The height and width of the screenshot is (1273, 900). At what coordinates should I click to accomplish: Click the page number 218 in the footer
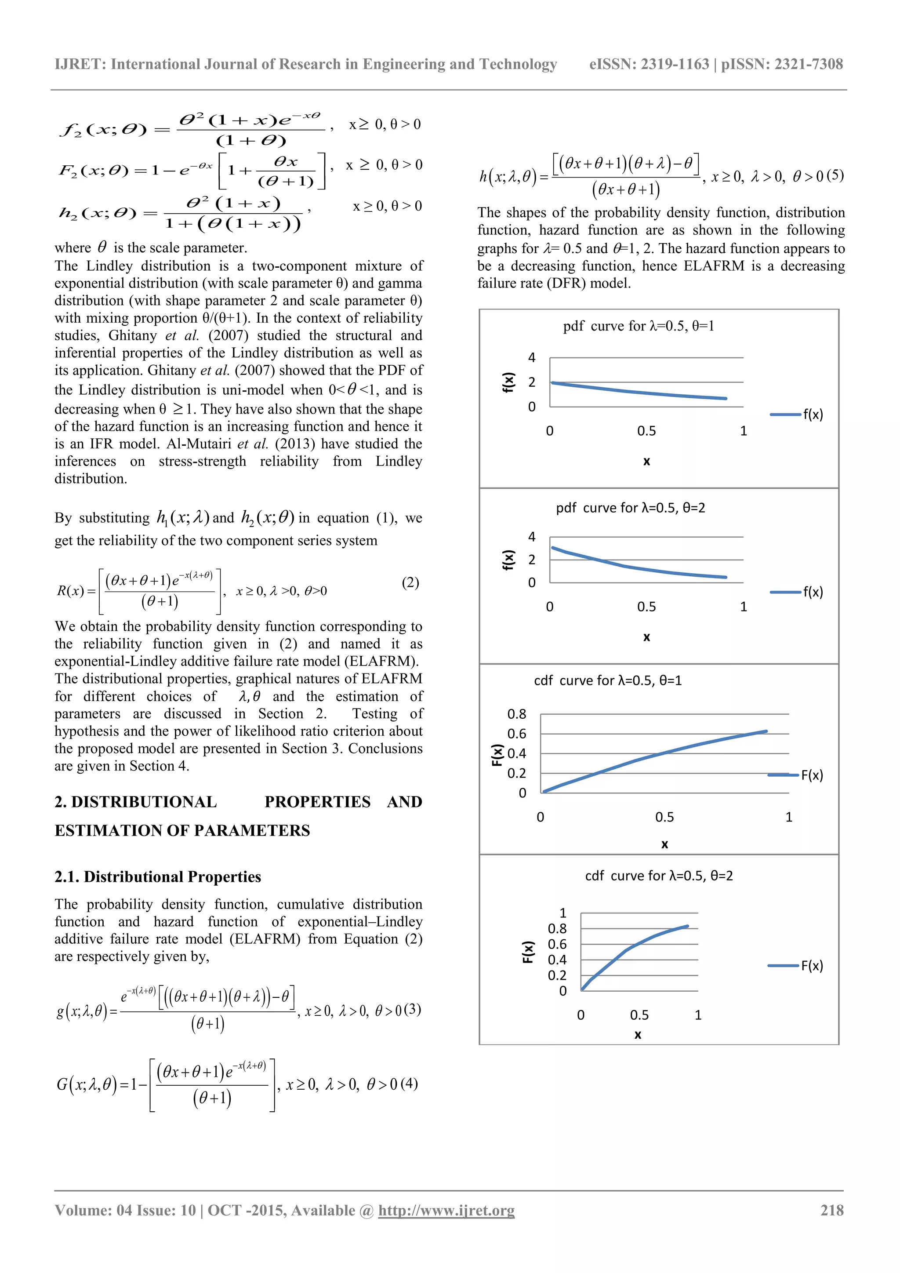point(831,1210)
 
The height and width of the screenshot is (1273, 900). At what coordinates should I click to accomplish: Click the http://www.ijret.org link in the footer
point(446,1210)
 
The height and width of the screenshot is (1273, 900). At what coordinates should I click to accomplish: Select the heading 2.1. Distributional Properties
point(157,877)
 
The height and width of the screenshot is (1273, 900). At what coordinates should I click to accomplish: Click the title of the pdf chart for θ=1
point(639,326)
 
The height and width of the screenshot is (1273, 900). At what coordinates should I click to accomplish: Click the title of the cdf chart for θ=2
point(659,876)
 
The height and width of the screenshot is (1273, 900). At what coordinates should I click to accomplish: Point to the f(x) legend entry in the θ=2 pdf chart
point(813,592)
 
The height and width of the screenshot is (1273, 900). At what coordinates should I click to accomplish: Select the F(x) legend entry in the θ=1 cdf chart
point(811,775)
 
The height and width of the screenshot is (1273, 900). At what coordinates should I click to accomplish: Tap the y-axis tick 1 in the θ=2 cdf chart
point(562,913)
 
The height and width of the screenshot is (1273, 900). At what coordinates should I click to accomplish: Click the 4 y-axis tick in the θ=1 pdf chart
point(531,358)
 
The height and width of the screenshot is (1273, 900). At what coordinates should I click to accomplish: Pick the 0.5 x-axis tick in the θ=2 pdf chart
point(646,607)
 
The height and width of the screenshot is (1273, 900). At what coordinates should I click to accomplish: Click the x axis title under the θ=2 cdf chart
point(638,1035)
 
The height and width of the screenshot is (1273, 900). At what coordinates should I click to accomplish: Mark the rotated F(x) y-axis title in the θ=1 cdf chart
point(497,755)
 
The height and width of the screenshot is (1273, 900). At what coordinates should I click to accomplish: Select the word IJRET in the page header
point(80,64)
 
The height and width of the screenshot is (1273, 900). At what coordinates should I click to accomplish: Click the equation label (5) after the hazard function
point(835,176)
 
